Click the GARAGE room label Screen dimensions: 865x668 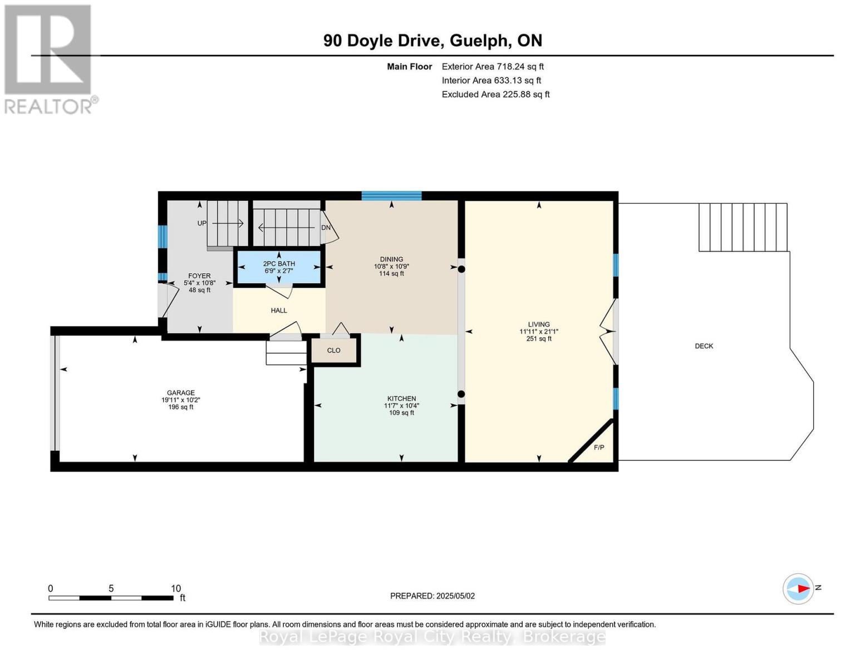tap(181, 392)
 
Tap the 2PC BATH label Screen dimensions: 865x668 tap(279, 263)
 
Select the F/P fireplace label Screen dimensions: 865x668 tap(599, 448)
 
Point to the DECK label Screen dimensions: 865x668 tap(704, 346)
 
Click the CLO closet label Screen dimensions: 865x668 tap(333, 350)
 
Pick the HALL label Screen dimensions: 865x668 tap(279, 311)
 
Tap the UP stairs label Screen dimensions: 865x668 tap(202, 223)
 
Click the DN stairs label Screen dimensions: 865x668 tap(326, 228)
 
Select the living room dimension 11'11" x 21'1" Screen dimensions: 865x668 tap(539, 332)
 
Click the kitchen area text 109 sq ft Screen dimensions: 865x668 tap(401, 413)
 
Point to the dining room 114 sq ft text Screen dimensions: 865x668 tap(391, 273)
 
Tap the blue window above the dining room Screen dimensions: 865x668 tap(391, 195)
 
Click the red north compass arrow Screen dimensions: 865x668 tap(803, 588)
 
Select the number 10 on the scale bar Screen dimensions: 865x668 tap(175, 588)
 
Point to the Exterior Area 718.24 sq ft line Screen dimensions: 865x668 tap(493, 66)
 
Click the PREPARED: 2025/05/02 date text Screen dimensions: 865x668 tap(432, 596)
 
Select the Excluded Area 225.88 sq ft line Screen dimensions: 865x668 tap(495, 94)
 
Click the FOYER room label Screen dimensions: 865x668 tap(199, 276)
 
